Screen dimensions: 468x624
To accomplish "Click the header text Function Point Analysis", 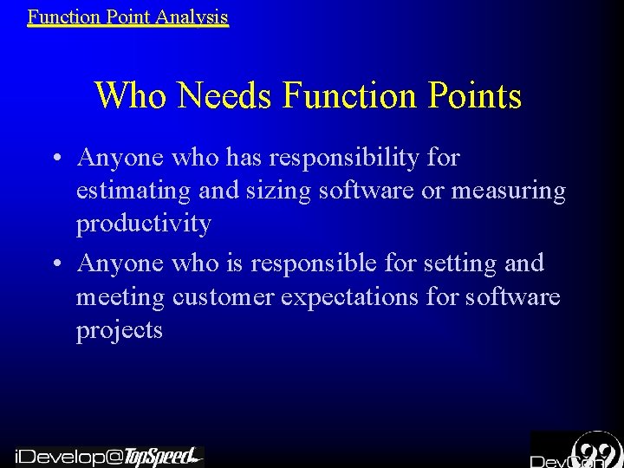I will click(127, 16).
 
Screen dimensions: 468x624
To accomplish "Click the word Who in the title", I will click(133, 95).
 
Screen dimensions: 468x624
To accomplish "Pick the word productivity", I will click(144, 224).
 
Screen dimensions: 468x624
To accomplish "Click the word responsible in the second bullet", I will click(323, 263).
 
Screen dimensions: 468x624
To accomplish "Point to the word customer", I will click(222, 297).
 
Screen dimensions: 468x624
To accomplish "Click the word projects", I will click(120, 330).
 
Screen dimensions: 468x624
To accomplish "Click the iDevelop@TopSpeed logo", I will click(108, 456).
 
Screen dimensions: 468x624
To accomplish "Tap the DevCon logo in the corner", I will click(576, 451).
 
